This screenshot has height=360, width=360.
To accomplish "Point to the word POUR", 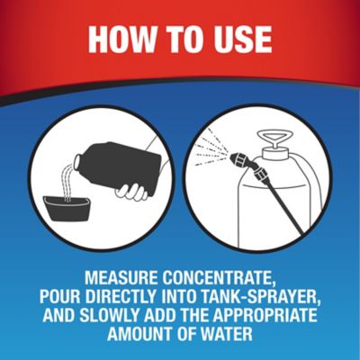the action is tap(60, 297).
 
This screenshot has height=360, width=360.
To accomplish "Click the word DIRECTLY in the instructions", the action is tap(121, 297).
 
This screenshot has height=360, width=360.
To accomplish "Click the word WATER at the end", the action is tap(227, 333).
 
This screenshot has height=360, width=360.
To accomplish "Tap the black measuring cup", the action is tap(67, 211).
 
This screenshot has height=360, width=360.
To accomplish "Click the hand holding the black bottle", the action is tap(132, 191).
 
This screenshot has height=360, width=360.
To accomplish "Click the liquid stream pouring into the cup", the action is tap(67, 184).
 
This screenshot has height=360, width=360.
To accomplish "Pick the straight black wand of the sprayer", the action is tap(283, 205).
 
